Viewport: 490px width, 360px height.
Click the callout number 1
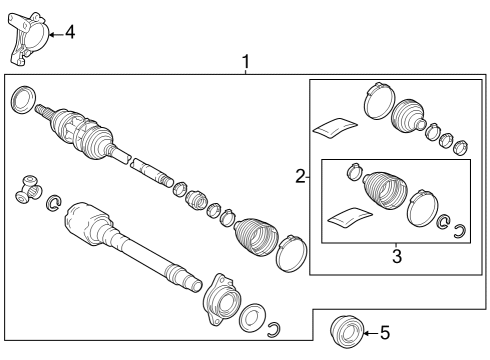pyautogui.click(x=245, y=63)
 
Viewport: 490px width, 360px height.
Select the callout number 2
pyautogui.click(x=299, y=177)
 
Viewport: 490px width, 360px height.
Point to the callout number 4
pyautogui.click(x=69, y=32)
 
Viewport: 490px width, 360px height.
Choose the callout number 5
pyautogui.click(x=384, y=333)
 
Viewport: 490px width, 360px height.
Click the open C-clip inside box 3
pyautogui.click(x=459, y=233)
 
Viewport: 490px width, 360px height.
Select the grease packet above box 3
pyautogui.click(x=334, y=126)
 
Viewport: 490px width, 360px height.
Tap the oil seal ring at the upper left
pyautogui.click(x=22, y=100)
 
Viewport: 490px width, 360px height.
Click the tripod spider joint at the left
pyautogui.click(x=26, y=189)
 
